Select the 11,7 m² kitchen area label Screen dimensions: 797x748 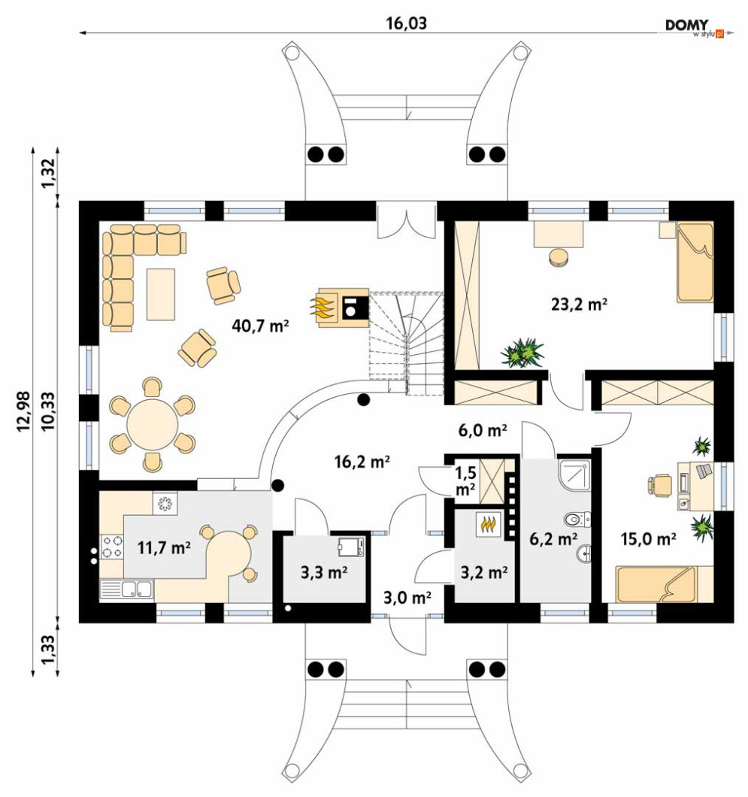tap(163, 547)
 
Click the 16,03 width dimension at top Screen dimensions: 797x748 tap(406, 23)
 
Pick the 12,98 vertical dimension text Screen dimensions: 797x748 tap(23, 412)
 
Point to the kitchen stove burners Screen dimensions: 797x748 tap(113, 546)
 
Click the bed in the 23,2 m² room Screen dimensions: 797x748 tap(693, 262)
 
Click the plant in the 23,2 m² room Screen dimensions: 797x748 tap(522, 352)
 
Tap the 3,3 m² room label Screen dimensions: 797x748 tap(323, 573)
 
